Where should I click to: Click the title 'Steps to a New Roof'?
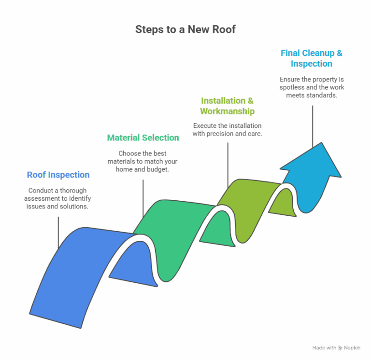tap(185, 30)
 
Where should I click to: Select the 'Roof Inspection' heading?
tap(58, 175)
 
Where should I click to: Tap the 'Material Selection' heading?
tap(143, 138)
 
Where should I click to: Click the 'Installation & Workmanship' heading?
tap(227, 106)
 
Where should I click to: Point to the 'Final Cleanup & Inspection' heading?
tap(311, 58)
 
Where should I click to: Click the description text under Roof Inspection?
tap(58, 198)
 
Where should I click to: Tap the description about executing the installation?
tap(227, 129)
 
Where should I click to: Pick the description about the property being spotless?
tap(311, 87)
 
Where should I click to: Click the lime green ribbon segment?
tap(251, 203)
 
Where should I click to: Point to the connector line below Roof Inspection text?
tap(58, 232)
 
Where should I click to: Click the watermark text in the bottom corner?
tap(336, 347)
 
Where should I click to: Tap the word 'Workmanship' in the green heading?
tap(227, 111)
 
